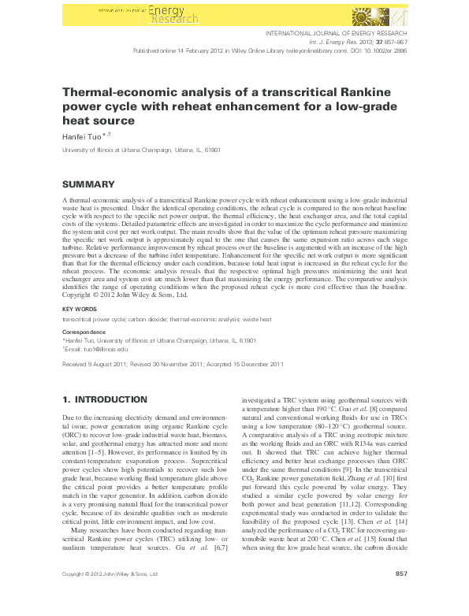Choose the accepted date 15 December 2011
click(254, 365)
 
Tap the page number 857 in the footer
click(400, 596)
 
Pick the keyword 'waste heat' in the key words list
click(257, 320)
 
